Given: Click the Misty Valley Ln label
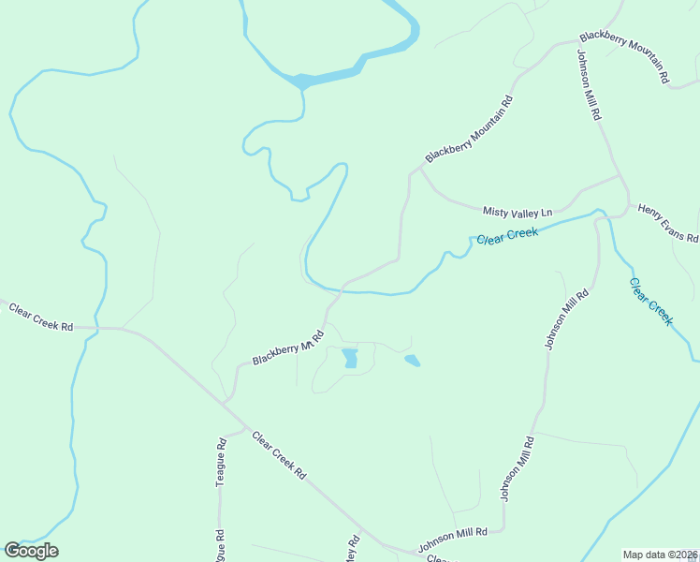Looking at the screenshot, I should pos(518,213).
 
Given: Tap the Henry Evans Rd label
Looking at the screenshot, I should pos(668,223).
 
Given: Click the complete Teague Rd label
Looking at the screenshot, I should pos(222,460).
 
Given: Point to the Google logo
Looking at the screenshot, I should pos(31,551).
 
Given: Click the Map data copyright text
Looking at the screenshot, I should pos(660,555).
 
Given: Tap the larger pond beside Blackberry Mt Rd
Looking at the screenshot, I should pos(350,358).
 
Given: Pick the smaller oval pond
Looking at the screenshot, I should pos(412,360).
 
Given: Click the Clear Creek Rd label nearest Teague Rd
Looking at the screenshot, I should pos(278,456).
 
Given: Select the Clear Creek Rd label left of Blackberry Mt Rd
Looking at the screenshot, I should pos(40,317).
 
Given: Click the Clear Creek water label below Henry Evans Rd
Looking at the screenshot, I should pos(650,301).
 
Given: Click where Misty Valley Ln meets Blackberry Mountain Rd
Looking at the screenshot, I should pos(419,170).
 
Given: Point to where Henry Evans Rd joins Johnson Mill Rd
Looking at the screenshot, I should pos(620,175).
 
